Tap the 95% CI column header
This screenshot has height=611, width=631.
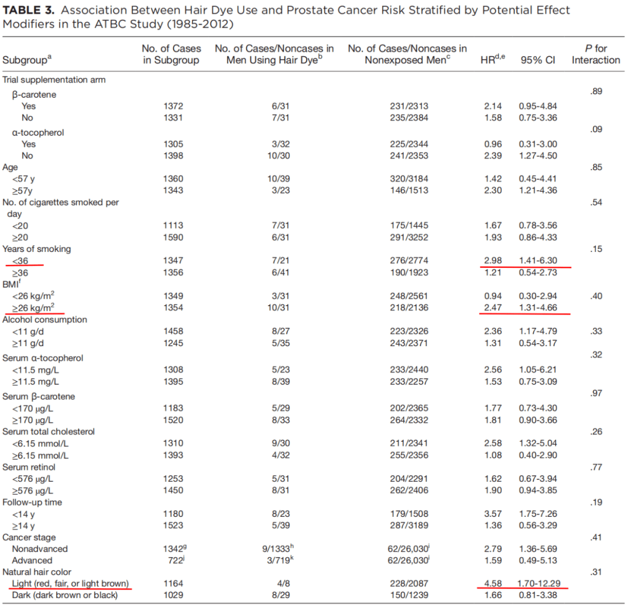(x=538, y=60)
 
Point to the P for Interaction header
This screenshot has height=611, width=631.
(x=595, y=54)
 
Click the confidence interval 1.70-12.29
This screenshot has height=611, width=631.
(x=540, y=584)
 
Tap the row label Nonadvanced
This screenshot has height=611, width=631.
(x=39, y=548)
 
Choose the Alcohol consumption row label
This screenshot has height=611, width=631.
(x=44, y=319)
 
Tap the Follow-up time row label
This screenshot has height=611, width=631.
(x=32, y=502)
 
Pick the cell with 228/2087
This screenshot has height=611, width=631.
(x=408, y=584)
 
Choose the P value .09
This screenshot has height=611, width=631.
(x=596, y=129)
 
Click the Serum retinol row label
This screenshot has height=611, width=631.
(x=32, y=467)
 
